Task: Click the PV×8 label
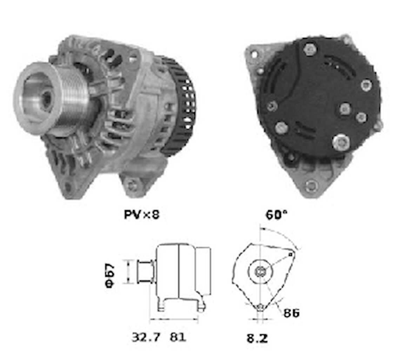click(x=142, y=214)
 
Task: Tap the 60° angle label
click(x=276, y=214)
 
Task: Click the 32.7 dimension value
click(x=146, y=337)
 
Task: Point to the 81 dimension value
click(x=178, y=337)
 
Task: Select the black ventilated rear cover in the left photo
click(x=182, y=105)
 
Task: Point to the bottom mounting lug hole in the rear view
click(x=310, y=186)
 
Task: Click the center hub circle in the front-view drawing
click(x=260, y=271)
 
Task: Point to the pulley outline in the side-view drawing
click(x=145, y=271)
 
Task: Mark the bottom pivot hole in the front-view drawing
click(x=260, y=307)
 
